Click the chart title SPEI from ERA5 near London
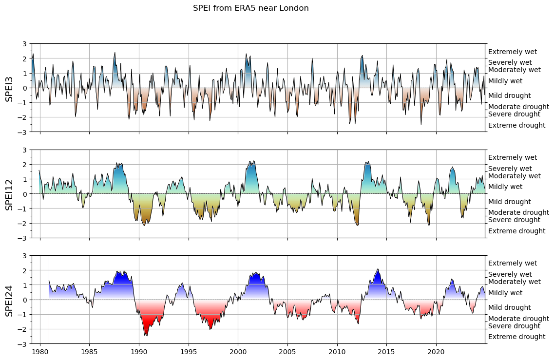[x=250, y=8]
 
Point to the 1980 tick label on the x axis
[x=40, y=352]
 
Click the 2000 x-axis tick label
[x=238, y=352]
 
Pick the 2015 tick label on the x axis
[x=386, y=352]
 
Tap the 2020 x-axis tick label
[x=436, y=352]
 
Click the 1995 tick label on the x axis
[x=189, y=352]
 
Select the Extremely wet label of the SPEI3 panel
[x=512, y=52]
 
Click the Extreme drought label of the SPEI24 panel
[x=516, y=337]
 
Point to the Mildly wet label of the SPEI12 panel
[x=505, y=187]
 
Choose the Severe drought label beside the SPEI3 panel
[x=514, y=114]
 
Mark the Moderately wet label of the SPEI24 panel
[x=514, y=282]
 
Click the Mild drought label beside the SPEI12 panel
[x=509, y=202]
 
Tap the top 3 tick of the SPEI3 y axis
[x=24, y=44]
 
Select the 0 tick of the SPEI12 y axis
[x=24, y=194]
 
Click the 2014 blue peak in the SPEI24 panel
[x=378, y=270]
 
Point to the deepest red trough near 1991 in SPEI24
[x=146, y=335]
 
